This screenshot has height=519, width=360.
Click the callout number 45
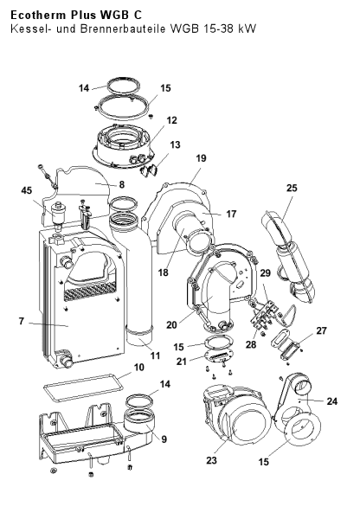point(27,190)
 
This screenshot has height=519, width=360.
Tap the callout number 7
point(22,321)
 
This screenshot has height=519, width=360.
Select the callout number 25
point(292,188)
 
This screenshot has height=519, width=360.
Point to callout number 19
point(201,158)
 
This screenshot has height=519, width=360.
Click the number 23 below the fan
point(212,460)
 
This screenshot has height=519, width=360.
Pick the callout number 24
point(331,401)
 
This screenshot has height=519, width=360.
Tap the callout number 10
point(139,368)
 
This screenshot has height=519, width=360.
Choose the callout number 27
point(321,330)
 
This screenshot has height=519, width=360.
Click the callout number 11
point(155,356)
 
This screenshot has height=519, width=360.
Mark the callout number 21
point(181,362)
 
